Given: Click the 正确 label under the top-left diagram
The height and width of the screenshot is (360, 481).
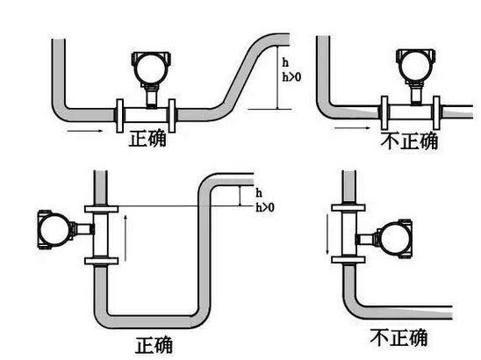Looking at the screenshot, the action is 147,139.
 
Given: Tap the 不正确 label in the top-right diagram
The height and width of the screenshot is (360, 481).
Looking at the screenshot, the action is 409,140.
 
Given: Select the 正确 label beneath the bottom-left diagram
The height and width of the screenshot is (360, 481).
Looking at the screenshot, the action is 154,345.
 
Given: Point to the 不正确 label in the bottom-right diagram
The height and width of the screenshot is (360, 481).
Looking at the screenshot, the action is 398,337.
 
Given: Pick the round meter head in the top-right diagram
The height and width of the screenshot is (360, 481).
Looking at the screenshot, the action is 416,66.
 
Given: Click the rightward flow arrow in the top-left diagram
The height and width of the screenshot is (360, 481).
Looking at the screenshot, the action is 85,131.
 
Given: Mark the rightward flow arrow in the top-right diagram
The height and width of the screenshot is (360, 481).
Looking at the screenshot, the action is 352,128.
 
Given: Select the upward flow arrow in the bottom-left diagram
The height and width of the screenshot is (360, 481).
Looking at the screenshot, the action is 126,238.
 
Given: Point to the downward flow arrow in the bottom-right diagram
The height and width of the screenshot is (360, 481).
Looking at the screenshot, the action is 327,234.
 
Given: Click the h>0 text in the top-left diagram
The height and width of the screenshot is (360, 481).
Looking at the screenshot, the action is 291,77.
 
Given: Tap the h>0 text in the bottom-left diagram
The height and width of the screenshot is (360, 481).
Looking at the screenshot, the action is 265,208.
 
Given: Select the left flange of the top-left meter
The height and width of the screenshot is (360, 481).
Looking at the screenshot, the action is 120,116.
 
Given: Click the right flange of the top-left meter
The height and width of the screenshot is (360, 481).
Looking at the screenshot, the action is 172,116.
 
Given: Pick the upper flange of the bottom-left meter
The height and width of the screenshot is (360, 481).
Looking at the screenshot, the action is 101,209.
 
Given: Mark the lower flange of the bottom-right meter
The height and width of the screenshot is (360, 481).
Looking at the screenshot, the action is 348,260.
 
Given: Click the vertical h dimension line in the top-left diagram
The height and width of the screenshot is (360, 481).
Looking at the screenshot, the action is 277,77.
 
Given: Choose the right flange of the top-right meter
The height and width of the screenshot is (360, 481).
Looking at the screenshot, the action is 436,112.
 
